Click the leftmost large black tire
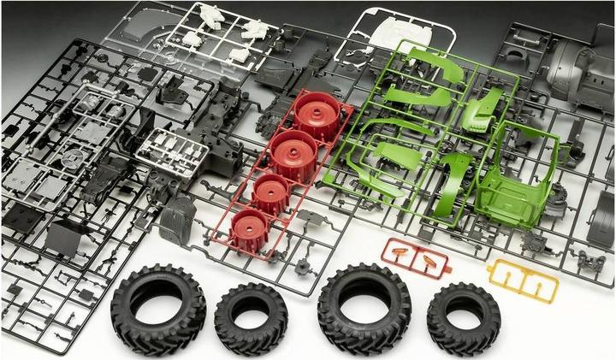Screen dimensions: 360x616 click(x=158, y=307)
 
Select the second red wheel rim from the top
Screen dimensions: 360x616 click(x=294, y=154)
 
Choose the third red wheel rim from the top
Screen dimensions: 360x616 click(x=271, y=193)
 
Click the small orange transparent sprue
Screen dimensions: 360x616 click(x=415, y=255)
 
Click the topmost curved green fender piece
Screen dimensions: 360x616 click(x=436, y=64)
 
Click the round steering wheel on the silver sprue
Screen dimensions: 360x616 click(x=75, y=158)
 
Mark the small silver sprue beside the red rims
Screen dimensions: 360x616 click(x=172, y=154)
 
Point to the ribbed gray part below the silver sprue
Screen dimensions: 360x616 click(x=177, y=221)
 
